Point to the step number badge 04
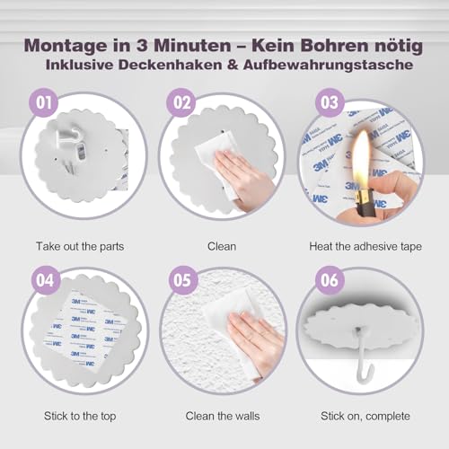click(43, 279)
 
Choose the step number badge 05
click(183, 279)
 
